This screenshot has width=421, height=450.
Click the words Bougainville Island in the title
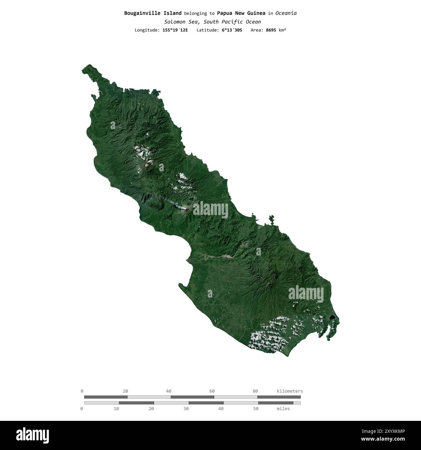[x=153, y=13]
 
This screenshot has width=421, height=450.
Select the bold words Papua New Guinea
[x=241, y=13]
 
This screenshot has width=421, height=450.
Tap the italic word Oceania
[x=286, y=13]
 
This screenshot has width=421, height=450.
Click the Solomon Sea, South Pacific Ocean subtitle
[x=212, y=22]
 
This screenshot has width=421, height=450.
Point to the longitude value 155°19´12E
[x=175, y=30]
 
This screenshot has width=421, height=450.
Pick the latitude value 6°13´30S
[x=232, y=30]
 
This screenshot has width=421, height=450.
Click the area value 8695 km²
[x=276, y=30]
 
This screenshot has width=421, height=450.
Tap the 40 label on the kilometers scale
[x=169, y=391]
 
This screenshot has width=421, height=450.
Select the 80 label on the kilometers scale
[x=255, y=391]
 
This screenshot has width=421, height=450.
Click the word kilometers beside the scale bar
[x=290, y=391]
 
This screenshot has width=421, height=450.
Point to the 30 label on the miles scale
[x=186, y=409]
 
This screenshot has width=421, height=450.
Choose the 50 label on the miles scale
[x=256, y=409]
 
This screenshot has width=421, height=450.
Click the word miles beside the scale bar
[x=283, y=409]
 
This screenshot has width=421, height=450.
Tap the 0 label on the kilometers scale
[x=82, y=391]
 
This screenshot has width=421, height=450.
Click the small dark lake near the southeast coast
[x=332, y=317]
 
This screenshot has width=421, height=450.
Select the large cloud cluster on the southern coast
[x=269, y=335]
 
